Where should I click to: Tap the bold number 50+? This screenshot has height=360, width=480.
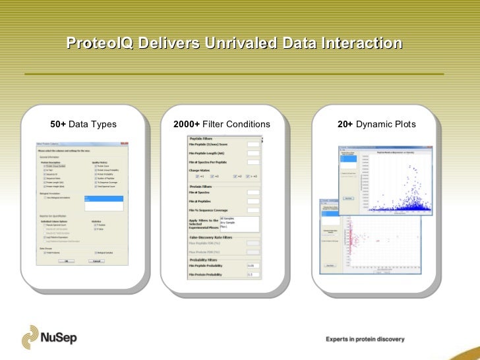58,124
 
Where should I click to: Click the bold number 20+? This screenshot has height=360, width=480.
345,124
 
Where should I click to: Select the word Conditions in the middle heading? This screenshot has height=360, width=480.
248,124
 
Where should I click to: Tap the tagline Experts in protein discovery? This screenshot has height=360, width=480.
365,340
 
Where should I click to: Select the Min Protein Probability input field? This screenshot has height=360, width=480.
252,274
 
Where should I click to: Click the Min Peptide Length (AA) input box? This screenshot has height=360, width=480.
252,152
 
